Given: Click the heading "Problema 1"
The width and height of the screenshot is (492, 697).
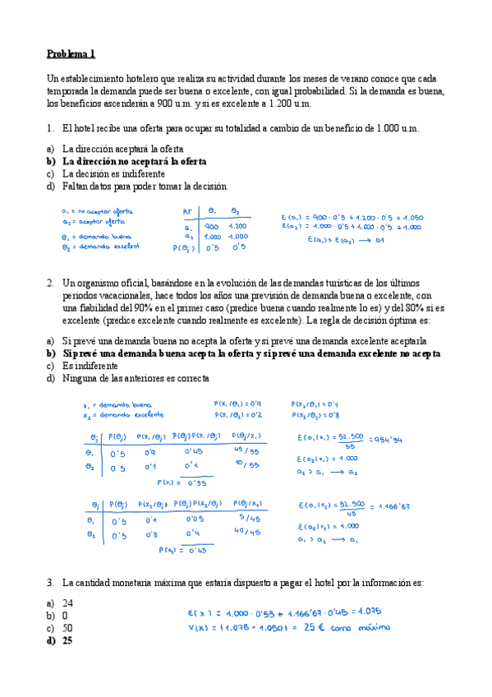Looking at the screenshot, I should [71, 54].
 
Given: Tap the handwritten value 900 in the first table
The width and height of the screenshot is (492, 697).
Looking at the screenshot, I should [211, 227].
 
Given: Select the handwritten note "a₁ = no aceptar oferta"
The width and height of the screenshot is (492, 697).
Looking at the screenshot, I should [98, 211].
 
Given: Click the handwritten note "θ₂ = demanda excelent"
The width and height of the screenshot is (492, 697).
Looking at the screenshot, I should [101, 246].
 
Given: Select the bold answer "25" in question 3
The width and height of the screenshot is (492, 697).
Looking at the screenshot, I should [67, 641].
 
